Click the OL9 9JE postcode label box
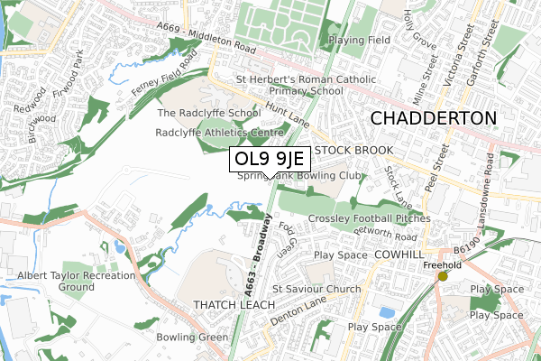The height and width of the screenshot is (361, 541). (270, 160)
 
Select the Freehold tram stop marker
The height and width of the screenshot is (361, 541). (442, 276)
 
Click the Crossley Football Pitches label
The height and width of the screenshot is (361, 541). (369, 218)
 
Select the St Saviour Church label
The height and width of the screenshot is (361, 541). (316, 289)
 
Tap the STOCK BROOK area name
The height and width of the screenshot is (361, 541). (354, 149)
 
